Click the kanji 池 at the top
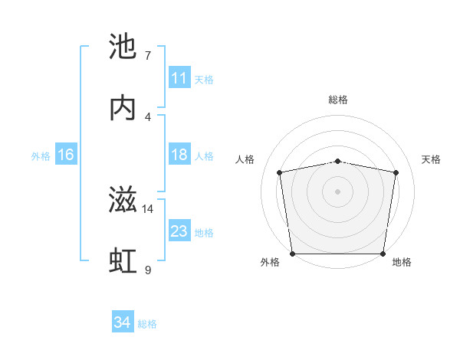123,48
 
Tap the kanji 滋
123,201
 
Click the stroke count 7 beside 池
147,56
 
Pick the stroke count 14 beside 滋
148,208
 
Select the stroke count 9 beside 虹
147,270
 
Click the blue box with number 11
179,78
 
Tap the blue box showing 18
179,155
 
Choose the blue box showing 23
179,231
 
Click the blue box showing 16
66,155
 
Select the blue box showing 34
123,323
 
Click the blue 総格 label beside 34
147,324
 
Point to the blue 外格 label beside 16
41,155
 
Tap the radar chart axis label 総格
338,100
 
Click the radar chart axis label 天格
432,159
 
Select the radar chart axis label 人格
245,159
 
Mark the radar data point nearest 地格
383,254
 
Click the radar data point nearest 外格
292,254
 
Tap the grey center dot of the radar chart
338,191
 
